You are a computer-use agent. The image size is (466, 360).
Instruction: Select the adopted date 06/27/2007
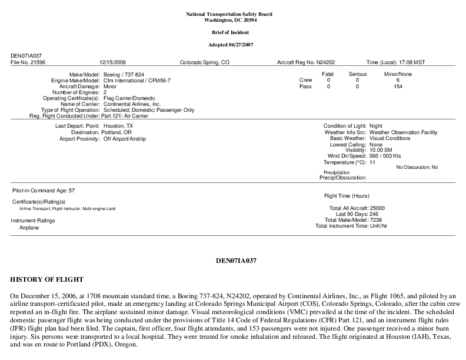pos(247,45)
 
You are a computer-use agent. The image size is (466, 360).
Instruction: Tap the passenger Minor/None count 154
pos(399,86)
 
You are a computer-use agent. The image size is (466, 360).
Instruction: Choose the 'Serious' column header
pos(358,74)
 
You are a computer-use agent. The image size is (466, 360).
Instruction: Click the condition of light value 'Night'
pos(375,126)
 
